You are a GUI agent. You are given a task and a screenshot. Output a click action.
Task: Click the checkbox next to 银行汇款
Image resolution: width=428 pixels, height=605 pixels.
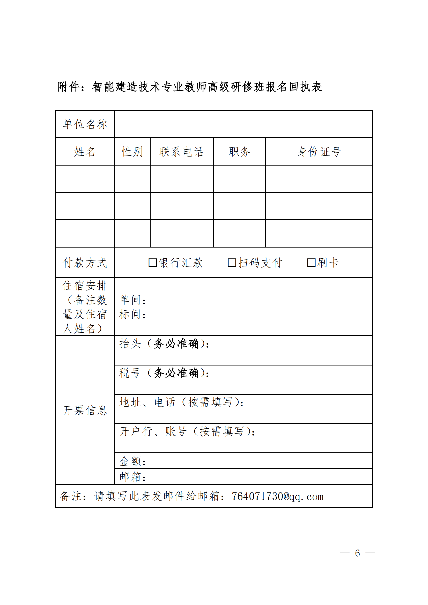153,263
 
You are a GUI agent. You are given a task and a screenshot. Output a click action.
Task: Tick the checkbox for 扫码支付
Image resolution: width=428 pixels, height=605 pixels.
232,263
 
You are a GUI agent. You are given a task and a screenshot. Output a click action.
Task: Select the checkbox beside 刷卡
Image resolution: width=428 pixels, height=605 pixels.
311,263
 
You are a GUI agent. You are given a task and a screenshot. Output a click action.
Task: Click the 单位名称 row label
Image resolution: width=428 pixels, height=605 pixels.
85,124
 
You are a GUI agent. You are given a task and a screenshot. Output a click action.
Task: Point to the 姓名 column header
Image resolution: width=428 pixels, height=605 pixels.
85,152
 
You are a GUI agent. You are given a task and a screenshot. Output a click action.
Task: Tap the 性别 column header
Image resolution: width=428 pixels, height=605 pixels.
132,152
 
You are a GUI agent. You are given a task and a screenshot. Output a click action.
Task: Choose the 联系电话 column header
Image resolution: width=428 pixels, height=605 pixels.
182,152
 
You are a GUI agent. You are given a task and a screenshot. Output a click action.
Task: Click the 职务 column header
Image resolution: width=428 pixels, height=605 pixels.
239,152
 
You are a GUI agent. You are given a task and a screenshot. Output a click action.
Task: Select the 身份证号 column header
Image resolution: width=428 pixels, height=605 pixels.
319,152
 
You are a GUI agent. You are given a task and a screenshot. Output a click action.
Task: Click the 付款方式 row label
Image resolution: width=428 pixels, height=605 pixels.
85,263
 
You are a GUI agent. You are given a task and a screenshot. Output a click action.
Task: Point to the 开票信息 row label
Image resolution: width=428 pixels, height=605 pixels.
85,410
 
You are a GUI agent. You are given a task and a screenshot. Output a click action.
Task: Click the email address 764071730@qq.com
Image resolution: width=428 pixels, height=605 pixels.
277,496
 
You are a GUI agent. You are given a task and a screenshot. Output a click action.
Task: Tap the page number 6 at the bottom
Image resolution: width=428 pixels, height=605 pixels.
357,553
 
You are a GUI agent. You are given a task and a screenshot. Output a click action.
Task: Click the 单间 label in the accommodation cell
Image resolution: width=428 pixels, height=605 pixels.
130,300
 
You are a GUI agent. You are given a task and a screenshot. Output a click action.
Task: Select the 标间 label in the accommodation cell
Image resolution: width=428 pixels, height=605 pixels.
130,314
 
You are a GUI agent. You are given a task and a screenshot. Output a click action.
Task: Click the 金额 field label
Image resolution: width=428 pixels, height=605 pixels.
130,461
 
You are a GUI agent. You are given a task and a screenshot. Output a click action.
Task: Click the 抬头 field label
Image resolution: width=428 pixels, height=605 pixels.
130,343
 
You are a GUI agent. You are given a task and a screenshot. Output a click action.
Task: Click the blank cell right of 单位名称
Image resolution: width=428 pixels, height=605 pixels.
243,124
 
